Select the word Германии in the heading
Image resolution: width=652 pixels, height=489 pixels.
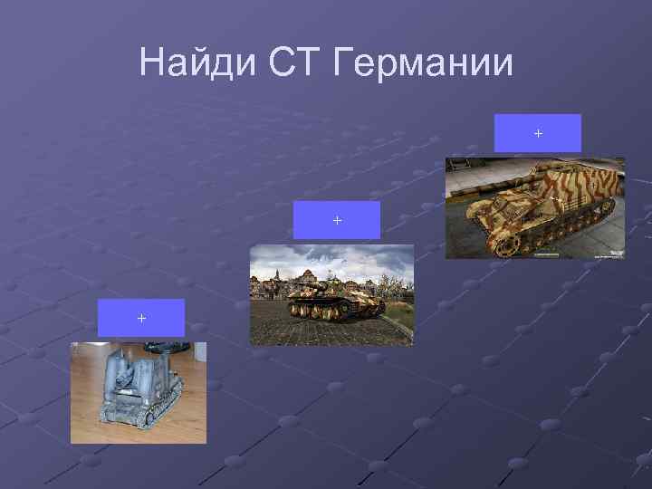tap(424, 63)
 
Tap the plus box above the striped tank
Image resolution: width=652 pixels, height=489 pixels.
tap(538, 133)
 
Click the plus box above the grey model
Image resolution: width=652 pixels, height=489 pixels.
tap(140, 318)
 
